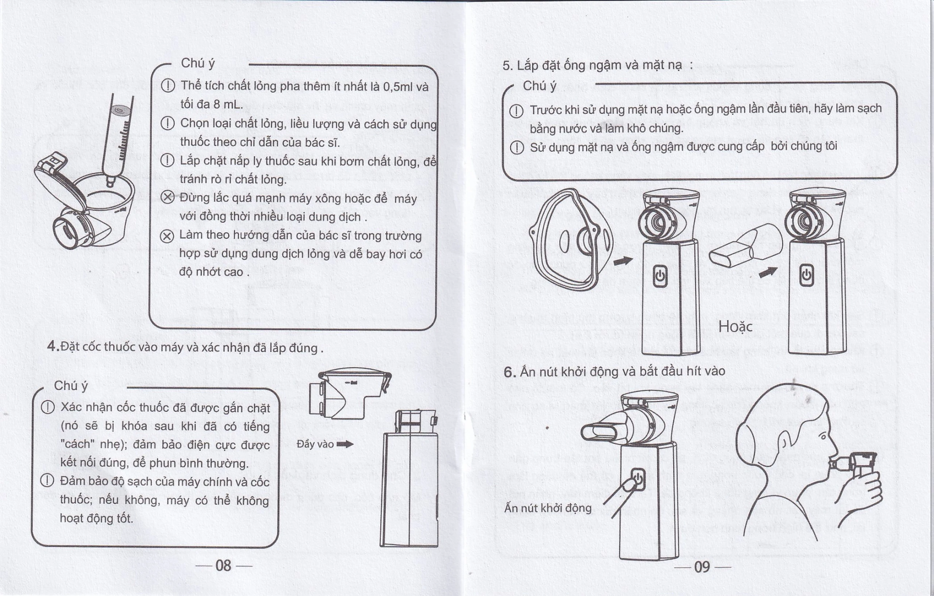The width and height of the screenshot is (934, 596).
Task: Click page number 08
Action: click(223, 566)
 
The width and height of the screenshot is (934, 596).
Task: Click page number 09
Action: click(702, 567)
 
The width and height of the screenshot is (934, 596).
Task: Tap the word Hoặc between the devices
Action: click(735, 327)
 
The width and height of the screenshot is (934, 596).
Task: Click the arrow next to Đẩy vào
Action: click(345, 444)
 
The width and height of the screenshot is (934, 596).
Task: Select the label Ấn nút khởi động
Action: click(548, 508)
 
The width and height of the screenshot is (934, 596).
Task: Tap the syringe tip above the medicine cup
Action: click(111, 182)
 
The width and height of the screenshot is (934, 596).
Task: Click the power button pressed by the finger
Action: click(638, 479)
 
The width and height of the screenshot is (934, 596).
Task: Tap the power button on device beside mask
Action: click(660, 276)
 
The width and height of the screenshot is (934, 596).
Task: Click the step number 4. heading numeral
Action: click(53, 346)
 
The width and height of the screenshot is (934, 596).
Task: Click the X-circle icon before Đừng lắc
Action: click(167, 198)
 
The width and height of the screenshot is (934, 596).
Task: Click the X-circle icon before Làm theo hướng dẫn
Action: click(167, 235)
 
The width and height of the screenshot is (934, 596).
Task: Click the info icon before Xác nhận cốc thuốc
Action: click(48, 407)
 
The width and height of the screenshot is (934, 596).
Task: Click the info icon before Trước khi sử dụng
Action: click(516, 111)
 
